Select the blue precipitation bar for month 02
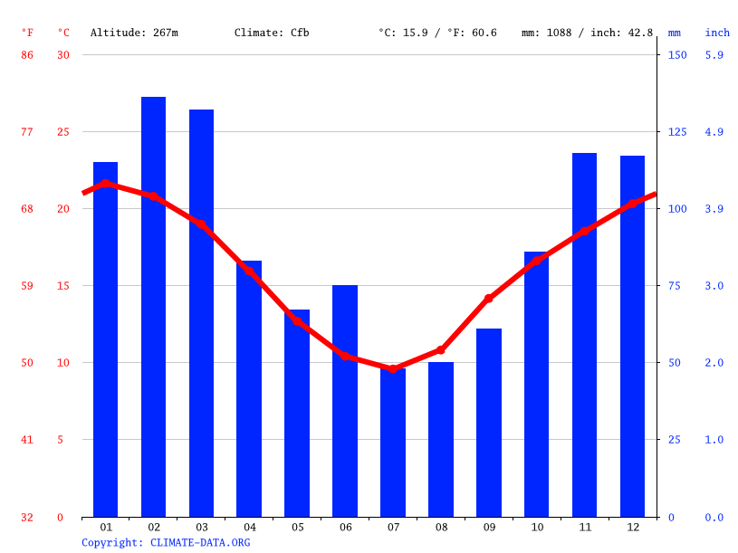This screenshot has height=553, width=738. (153, 308)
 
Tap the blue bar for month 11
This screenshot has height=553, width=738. (584, 335)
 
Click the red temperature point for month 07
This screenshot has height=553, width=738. (393, 368)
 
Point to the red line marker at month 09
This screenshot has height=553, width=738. (489, 298)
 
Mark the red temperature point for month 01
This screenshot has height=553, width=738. (106, 184)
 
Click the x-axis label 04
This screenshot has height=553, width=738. (249, 527)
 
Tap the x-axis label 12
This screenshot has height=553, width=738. (632, 527)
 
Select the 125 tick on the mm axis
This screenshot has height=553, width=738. (677, 132)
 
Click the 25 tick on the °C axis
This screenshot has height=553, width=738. (63, 132)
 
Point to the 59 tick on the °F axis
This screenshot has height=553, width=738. (27, 286)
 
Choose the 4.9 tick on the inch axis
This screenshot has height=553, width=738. (714, 132)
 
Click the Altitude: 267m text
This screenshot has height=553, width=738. (134, 33)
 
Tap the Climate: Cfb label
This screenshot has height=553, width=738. (272, 33)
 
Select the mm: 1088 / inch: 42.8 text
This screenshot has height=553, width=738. (587, 33)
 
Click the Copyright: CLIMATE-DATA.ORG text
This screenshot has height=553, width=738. (166, 542)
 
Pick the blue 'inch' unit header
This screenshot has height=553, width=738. (717, 33)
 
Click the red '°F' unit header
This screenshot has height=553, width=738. (27, 33)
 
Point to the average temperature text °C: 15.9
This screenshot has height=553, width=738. (404, 33)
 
